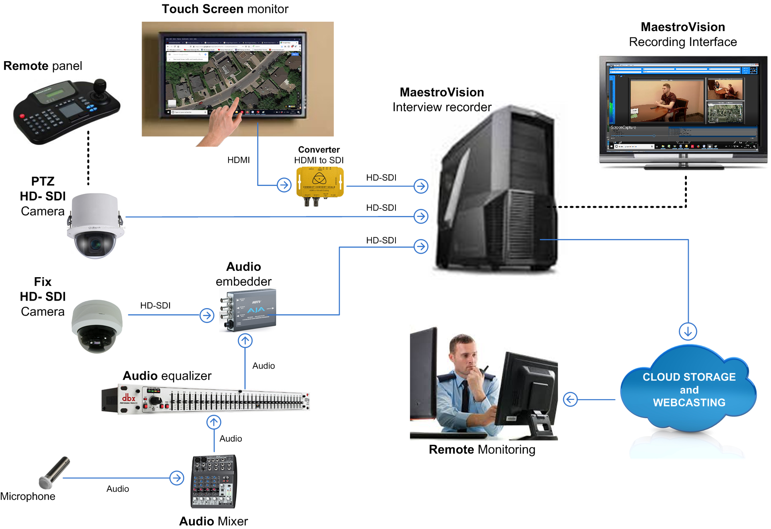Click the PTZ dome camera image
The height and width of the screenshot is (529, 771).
pyautogui.click(x=95, y=226)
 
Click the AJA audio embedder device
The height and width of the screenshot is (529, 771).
pyautogui.click(x=248, y=310)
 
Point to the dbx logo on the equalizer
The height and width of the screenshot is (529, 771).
pyautogui.click(x=128, y=398)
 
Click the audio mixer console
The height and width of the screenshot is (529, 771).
pyautogui.click(x=213, y=481)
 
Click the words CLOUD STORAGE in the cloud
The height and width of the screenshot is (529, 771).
pyautogui.click(x=689, y=377)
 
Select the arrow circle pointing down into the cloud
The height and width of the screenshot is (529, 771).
pyautogui.click(x=688, y=331)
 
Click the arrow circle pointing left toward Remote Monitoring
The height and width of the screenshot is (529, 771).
pyautogui.click(x=570, y=399)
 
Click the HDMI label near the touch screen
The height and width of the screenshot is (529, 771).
pyautogui.click(x=238, y=160)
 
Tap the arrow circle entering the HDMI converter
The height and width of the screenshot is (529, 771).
pyautogui.click(x=284, y=185)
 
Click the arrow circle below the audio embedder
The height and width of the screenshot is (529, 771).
pyautogui.click(x=245, y=340)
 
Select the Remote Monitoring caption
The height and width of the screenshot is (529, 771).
pyautogui.click(x=482, y=449)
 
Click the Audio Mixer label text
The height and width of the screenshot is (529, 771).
pyautogui.click(x=213, y=521)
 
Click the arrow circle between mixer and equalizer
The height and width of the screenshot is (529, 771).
pyautogui.click(x=214, y=422)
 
